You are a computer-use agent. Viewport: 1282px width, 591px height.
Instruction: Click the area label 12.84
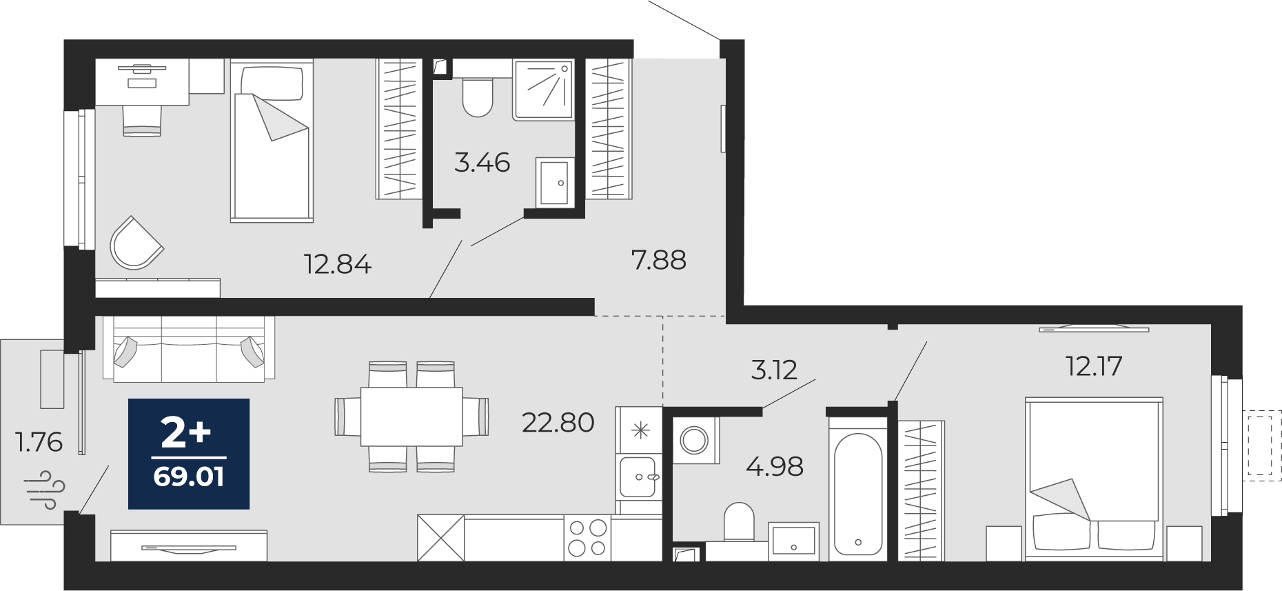[x=338, y=264]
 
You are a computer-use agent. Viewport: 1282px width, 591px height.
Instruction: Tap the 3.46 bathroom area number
[x=482, y=163]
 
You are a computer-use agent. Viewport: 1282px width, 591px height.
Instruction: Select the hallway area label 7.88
[x=659, y=260]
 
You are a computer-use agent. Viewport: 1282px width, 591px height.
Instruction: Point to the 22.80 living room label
[x=558, y=423]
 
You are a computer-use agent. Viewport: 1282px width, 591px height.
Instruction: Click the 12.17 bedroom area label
[x=1095, y=365]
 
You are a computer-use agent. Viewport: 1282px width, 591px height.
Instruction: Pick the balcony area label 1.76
[x=39, y=441]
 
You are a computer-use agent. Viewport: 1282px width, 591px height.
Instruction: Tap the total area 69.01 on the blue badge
[x=189, y=477]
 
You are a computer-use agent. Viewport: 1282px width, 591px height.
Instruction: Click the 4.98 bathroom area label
[x=775, y=467]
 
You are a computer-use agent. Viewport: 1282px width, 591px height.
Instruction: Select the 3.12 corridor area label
[x=774, y=370]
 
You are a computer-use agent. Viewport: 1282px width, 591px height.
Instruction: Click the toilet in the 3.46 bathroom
[x=478, y=97]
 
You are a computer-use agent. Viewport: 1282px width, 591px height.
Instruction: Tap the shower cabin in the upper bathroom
[x=543, y=89]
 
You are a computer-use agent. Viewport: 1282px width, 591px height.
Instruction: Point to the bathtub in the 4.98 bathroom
[x=858, y=493]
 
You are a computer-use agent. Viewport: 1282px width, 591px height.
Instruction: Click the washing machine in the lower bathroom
[x=695, y=440]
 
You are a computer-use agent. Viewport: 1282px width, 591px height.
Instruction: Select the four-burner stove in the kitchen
[x=587, y=538]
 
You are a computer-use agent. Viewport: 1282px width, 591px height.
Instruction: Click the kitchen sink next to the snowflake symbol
[x=638, y=477]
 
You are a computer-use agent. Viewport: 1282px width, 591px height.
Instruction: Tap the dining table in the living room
[x=411, y=417]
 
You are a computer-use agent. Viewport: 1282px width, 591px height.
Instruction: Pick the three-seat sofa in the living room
[x=189, y=349]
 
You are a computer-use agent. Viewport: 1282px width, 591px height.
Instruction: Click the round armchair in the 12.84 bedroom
[x=136, y=243]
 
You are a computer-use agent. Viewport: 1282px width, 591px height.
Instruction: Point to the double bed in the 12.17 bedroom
[x=1094, y=478]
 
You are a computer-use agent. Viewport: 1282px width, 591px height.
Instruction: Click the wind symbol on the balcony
[x=45, y=489]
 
